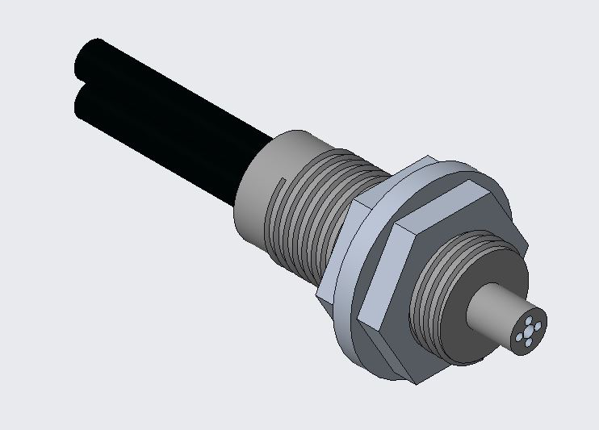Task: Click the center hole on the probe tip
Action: (x=529, y=329)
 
